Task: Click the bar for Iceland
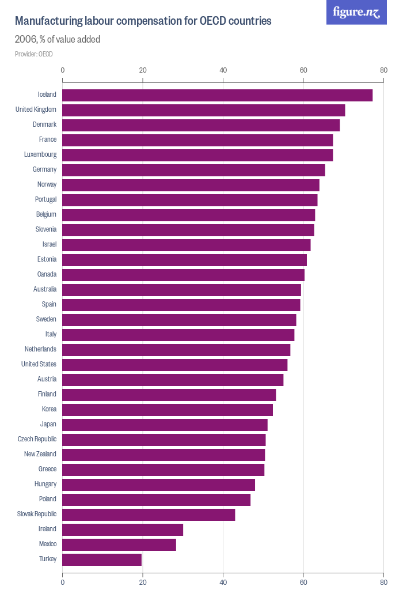click(217, 95)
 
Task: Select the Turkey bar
click(102, 559)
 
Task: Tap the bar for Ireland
click(123, 530)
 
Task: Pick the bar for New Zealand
click(164, 455)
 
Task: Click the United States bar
click(174, 365)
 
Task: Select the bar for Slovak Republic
click(149, 515)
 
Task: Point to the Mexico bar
click(119, 544)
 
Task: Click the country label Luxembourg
click(40, 154)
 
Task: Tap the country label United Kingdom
click(36, 109)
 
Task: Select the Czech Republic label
click(37, 439)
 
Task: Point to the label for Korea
click(49, 409)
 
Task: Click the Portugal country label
click(45, 199)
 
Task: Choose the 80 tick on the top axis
click(383, 70)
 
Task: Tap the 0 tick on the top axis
click(63, 70)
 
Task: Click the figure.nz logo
click(356, 12)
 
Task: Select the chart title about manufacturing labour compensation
click(143, 21)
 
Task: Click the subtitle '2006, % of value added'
click(58, 40)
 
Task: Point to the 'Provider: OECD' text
click(34, 54)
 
